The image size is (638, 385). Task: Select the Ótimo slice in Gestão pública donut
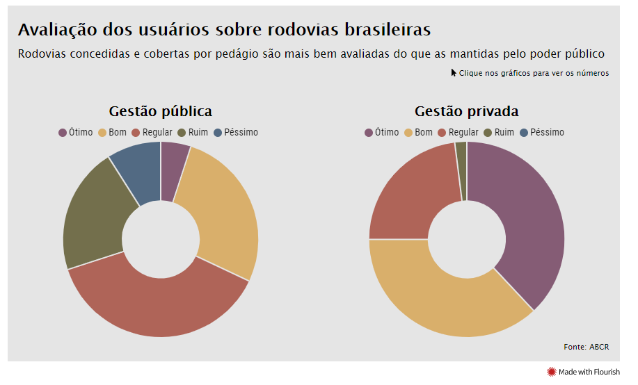[173, 171]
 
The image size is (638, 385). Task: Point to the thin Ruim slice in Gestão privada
[461, 171]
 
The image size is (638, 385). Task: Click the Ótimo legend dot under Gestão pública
[63, 133]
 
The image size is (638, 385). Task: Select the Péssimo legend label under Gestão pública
[241, 132]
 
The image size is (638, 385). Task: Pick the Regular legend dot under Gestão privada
[442, 133]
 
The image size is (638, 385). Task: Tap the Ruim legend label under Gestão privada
[504, 132]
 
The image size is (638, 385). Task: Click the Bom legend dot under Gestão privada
[408, 133]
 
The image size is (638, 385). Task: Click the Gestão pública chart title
[160, 111]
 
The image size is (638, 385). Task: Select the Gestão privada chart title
[467, 111]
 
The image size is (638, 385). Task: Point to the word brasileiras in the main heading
[388, 30]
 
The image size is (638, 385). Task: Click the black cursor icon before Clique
[454, 73]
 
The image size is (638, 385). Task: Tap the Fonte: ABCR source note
[587, 347]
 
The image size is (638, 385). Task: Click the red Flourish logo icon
[551, 372]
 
